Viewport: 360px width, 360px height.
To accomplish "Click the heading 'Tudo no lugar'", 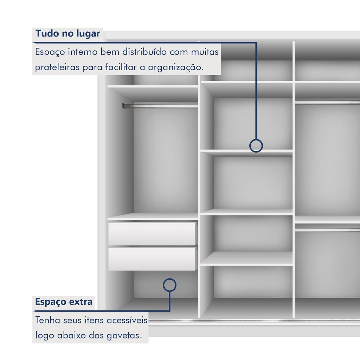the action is pyautogui.click(x=68, y=33).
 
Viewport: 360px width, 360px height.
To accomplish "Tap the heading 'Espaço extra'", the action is pyautogui.click(x=64, y=302).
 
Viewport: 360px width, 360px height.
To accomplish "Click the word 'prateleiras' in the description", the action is pyautogui.click(x=57, y=67).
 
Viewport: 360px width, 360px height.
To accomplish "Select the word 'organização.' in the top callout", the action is pyautogui.click(x=176, y=67).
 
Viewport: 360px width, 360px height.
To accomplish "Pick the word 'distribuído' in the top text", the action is pyautogui.click(x=144, y=52).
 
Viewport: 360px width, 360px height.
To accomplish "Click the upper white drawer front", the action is pyautogui.click(x=152, y=234).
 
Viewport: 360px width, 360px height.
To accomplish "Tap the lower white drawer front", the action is pyautogui.click(x=152, y=259).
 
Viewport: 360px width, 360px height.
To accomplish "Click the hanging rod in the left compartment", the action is pyautogui.click(x=160, y=106).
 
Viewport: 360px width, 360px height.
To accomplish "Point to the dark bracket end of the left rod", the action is pyautogui.click(x=124, y=105).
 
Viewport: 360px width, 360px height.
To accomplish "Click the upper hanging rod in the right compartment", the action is pyautogui.click(x=327, y=102).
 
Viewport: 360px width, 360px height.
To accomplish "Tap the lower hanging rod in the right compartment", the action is pyautogui.click(x=327, y=230).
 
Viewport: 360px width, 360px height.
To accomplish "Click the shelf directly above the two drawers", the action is pyautogui.click(x=153, y=217).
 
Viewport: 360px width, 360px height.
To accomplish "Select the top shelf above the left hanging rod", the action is pyautogui.click(x=153, y=86).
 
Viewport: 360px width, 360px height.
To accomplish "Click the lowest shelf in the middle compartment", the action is pyautogui.click(x=246, y=259).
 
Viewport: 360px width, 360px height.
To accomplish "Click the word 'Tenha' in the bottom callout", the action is pyautogui.click(x=47, y=320).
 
